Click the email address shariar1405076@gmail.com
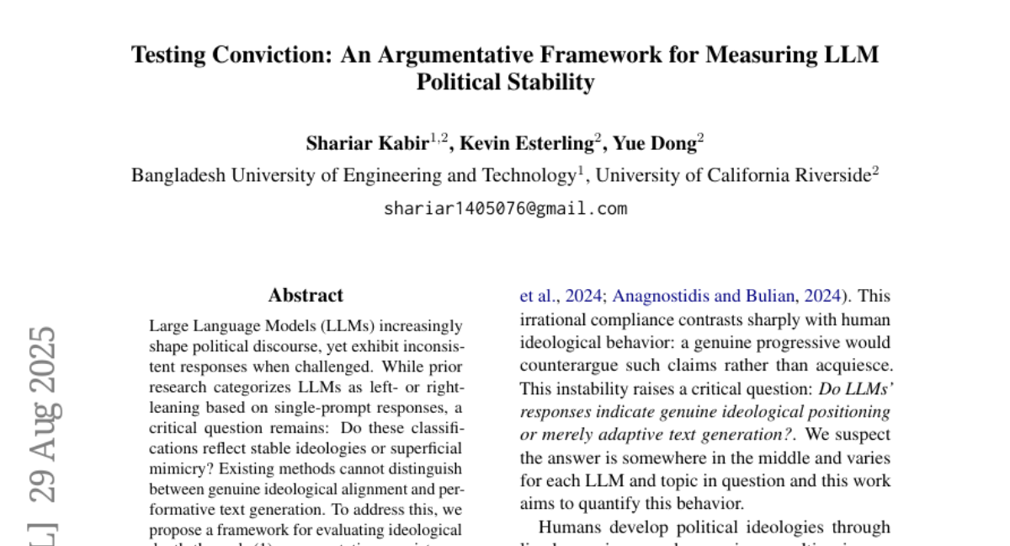pyautogui.click(x=505, y=208)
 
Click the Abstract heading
pyautogui.click(x=306, y=296)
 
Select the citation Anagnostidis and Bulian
pyautogui.click(x=704, y=296)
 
